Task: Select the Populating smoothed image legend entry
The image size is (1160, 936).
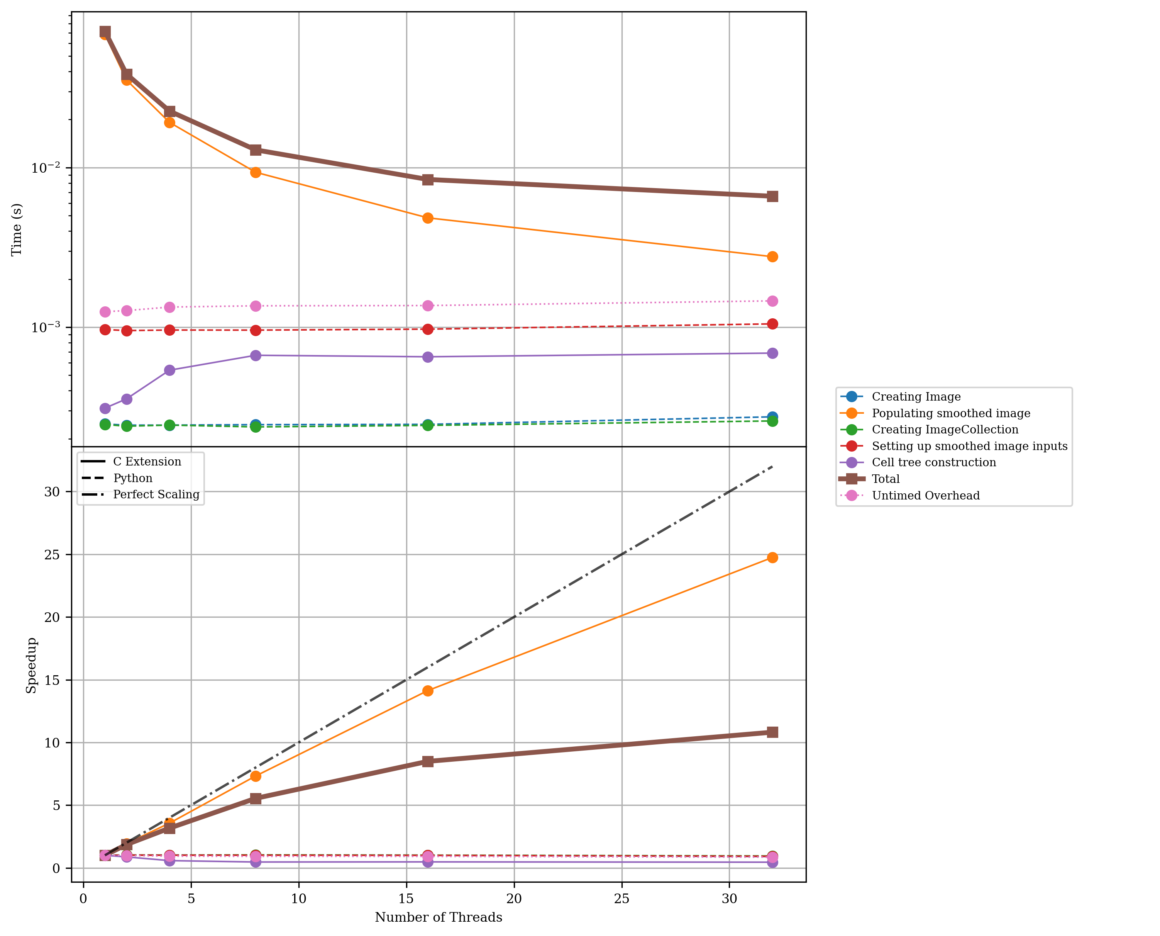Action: pos(950,414)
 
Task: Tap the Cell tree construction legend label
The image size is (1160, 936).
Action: pos(934,463)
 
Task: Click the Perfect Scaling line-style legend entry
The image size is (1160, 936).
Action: pos(156,494)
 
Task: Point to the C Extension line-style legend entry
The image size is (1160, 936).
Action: pos(147,462)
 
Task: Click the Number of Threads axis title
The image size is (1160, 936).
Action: pos(438,917)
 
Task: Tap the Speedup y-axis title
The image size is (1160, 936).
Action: pos(31,665)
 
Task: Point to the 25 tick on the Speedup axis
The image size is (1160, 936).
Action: pos(52,554)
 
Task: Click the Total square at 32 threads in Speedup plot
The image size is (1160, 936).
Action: pos(772,732)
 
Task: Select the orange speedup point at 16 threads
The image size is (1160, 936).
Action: pos(428,691)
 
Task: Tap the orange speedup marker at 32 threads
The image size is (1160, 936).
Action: pos(772,557)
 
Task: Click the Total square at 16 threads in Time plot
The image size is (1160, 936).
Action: pos(428,180)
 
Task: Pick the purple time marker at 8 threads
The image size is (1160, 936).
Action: pos(256,355)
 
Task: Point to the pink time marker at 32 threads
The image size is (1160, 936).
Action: pos(772,301)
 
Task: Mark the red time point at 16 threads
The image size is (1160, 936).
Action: pos(428,329)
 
